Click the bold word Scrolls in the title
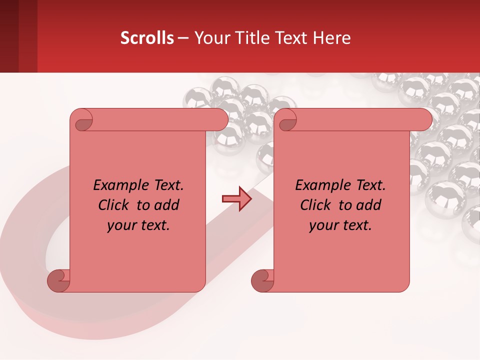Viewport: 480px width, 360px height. tap(147, 38)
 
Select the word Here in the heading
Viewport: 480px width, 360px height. tap(331, 38)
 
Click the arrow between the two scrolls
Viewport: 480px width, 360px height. tap(236, 198)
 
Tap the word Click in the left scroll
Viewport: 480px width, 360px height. tap(115, 205)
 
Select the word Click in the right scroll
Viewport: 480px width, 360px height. tap(317, 205)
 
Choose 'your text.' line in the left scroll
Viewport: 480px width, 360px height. tap(138, 225)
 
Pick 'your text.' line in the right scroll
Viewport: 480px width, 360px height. tap(340, 225)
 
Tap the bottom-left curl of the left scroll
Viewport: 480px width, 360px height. tap(59, 280)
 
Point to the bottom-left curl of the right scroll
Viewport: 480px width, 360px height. tap(262, 280)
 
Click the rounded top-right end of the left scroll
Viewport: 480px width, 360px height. tap(220, 119)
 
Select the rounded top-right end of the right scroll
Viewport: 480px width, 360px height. tap(424, 119)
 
